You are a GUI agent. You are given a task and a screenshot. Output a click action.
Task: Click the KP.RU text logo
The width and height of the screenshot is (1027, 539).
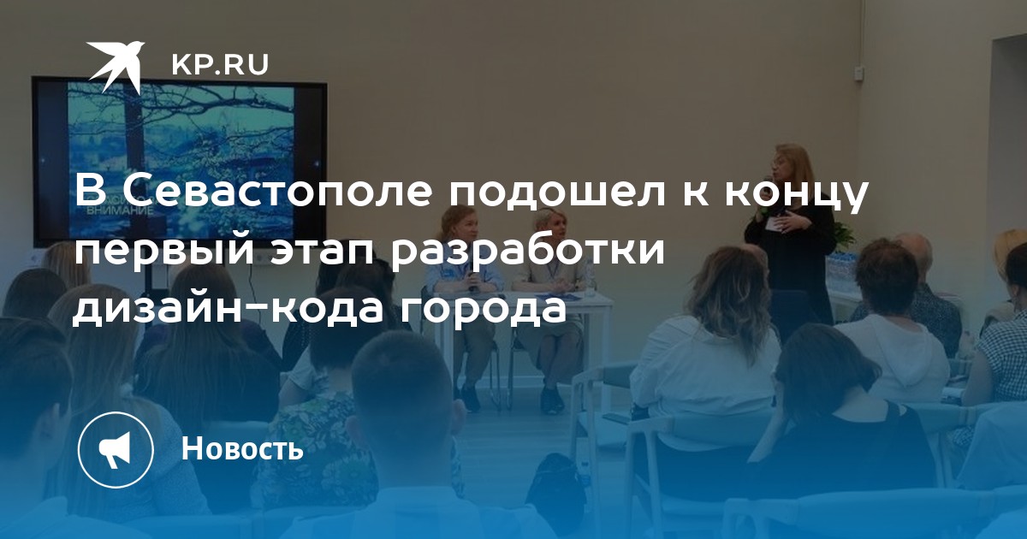tap(220, 65)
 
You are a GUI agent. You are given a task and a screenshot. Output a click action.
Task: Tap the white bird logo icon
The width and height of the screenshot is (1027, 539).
tap(116, 67)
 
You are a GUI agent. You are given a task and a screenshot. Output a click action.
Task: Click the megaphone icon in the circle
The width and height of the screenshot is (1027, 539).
tap(115, 450)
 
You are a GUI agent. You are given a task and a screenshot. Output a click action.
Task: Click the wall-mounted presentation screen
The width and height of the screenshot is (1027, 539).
tap(180, 163)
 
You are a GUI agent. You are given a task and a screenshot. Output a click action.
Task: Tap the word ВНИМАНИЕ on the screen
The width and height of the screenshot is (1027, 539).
tap(119, 212)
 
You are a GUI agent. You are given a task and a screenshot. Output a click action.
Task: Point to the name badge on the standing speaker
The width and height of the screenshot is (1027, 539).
tap(777, 224)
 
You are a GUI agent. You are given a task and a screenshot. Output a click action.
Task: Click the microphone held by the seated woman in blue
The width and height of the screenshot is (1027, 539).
tap(472, 281)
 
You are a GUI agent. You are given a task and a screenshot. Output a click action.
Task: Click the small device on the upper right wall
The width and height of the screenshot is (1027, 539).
tap(858, 72)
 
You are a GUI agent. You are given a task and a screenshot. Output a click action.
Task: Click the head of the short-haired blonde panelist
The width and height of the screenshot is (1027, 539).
tap(550, 224)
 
